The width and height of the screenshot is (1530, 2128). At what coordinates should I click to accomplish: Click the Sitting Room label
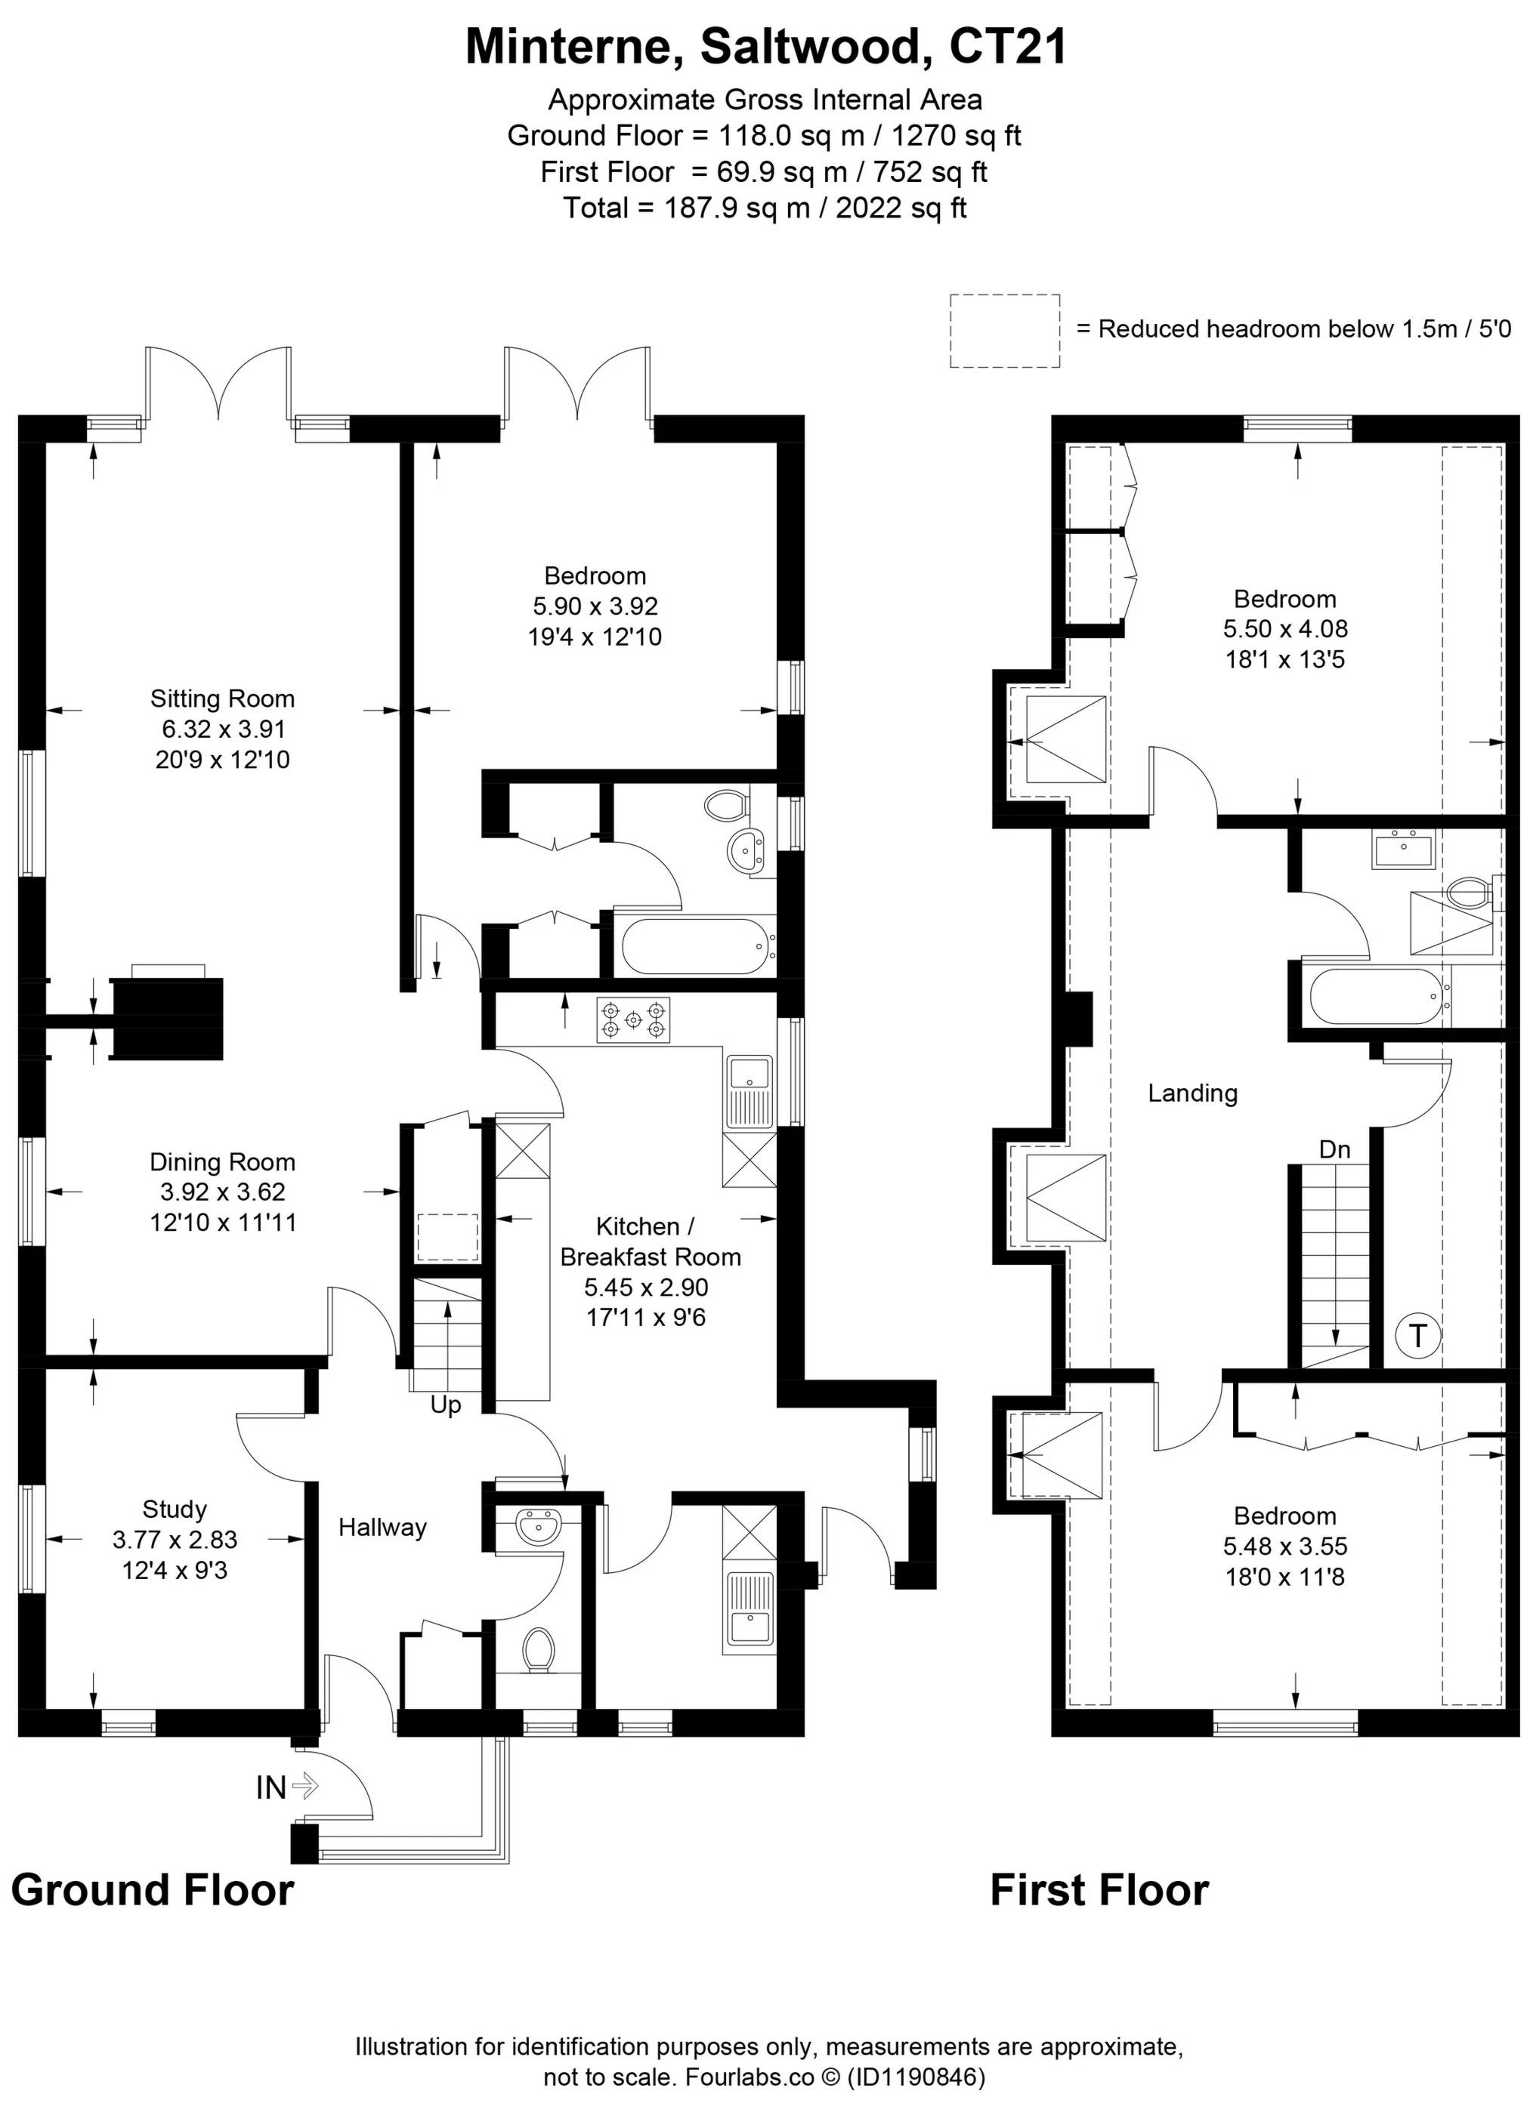click(222, 699)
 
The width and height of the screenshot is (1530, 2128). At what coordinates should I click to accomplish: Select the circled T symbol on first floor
click(1417, 1335)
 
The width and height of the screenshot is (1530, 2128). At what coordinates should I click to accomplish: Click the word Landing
click(1192, 1093)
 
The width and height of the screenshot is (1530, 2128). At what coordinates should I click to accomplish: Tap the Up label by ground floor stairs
click(445, 1405)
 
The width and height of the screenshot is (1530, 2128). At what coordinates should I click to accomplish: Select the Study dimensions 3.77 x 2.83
click(175, 1540)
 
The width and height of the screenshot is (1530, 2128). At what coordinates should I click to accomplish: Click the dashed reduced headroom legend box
click(1004, 330)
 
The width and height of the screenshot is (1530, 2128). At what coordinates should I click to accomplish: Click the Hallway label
click(382, 1528)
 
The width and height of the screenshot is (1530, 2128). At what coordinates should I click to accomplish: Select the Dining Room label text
click(222, 1162)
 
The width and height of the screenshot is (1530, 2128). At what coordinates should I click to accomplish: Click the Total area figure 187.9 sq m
click(736, 208)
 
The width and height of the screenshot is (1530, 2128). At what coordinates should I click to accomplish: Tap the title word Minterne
click(573, 47)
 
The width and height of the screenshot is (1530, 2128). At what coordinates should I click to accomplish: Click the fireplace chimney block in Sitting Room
click(167, 1018)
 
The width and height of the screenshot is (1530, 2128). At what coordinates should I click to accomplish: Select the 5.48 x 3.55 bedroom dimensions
click(1284, 1547)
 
